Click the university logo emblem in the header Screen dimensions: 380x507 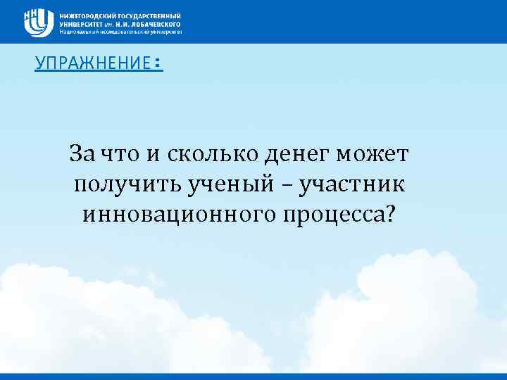(x=39, y=22)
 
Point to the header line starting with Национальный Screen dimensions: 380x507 (x=120, y=32)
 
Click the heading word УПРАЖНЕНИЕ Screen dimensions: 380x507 (x=92, y=64)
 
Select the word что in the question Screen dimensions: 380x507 (x=115, y=153)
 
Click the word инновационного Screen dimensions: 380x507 (x=176, y=214)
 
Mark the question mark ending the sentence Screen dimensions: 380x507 (x=390, y=213)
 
